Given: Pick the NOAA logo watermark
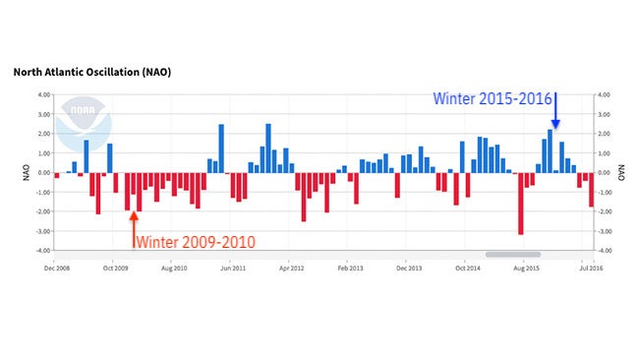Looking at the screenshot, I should [x=85, y=124].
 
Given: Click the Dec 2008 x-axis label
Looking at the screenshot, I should [x=57, y=267].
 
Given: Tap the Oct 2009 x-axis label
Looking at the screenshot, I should [x=115, y=267].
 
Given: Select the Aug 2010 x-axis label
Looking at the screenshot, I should [x=173, y=267].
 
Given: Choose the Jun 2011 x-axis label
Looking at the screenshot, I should [x=232, y=267].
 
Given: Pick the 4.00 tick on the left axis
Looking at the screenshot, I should [x=42, y=95].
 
